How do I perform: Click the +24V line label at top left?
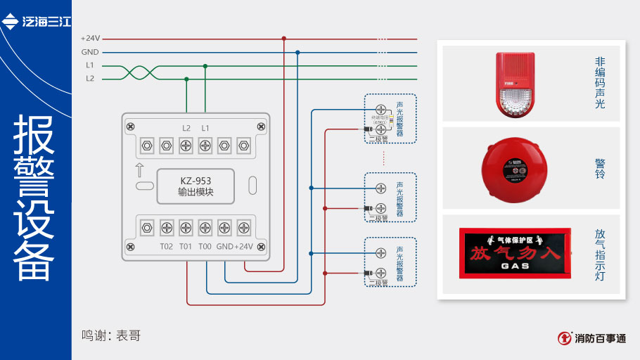tap(90, 39)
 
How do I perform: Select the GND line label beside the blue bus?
tap(90, 52)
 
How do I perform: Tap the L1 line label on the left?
tap(90, 65)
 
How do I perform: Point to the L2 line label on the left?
tap(90, 79)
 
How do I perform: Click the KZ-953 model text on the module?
tap(196, 181)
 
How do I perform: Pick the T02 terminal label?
tap(167, 246)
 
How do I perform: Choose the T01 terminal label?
tap(186, 246)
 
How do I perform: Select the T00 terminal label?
tap(205, 246)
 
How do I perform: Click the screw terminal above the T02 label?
tap(167, 227)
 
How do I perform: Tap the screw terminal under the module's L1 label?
tap(205, 146)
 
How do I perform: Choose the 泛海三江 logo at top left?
tap(37, 22)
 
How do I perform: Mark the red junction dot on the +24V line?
tap(284, 39)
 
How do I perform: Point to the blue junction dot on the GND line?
tap(297, 52)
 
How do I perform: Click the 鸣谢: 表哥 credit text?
tap(111, 336)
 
